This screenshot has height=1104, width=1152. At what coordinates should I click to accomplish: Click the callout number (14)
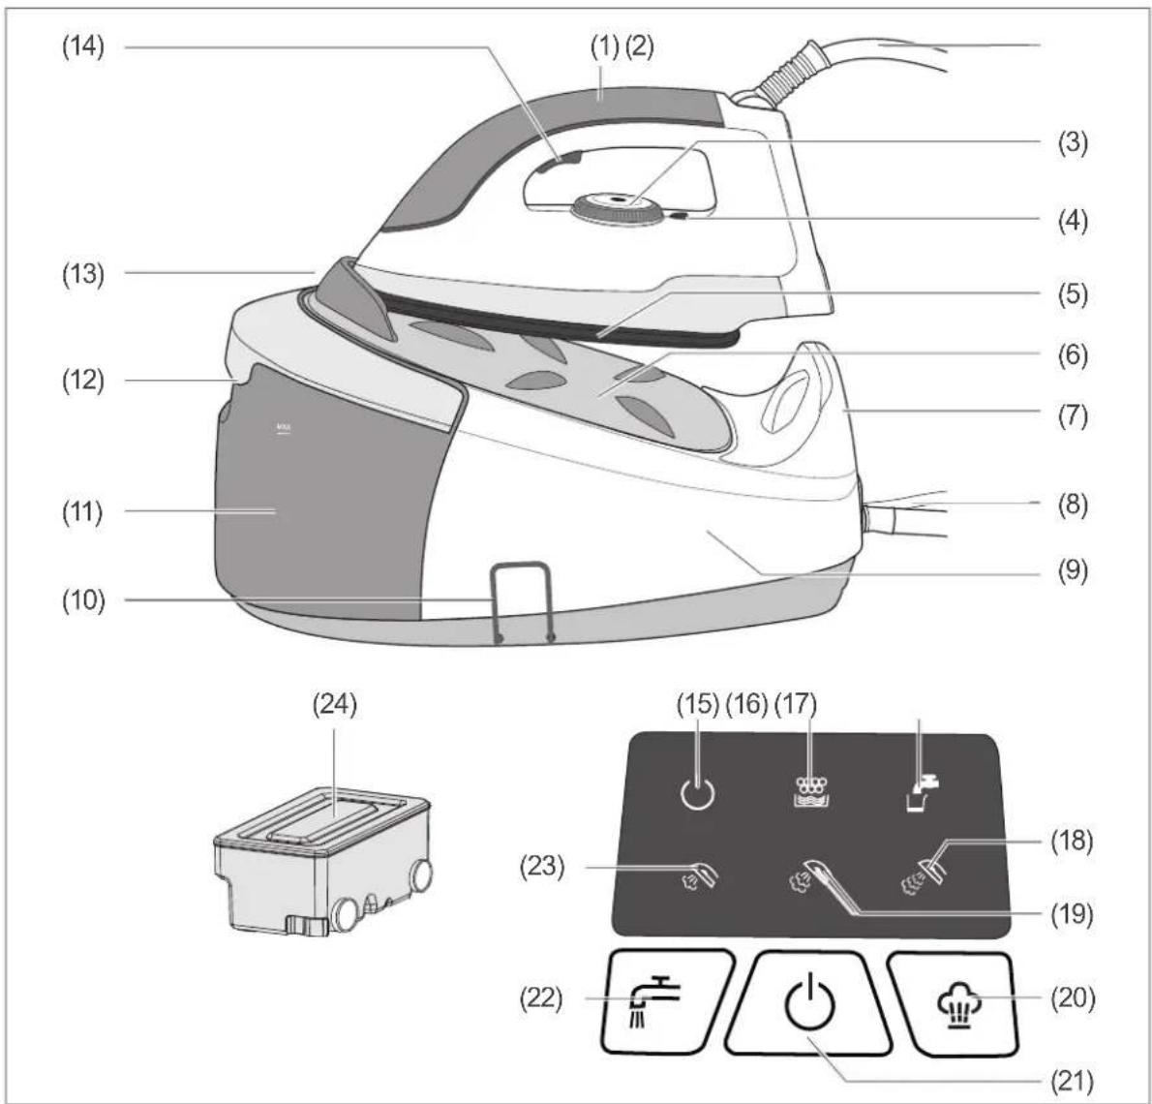(82, 47)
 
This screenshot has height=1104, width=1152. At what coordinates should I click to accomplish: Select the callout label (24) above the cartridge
(335, 704)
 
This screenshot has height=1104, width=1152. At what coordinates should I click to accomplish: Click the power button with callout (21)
(808, 1003)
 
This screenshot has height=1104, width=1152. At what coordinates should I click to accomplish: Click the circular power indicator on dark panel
(696, 794)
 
